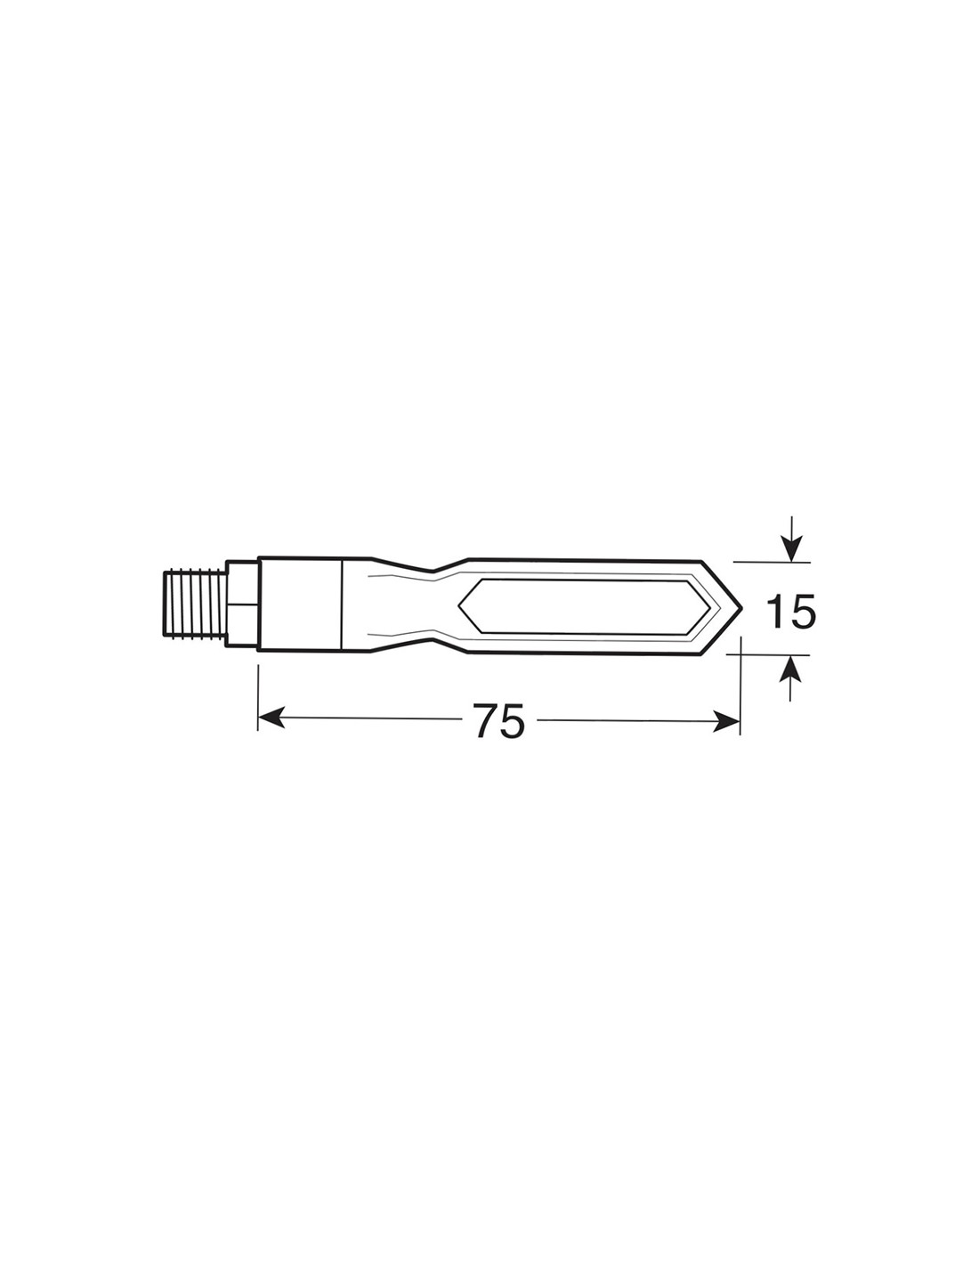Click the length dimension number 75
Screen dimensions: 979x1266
[x=499, y=720]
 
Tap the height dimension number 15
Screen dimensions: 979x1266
[x=790, y=611]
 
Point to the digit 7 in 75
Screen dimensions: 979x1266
[x=486, y=720]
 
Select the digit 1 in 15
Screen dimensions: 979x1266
[x=775, y=611]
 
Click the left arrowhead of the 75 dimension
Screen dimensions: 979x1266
[x=271, y=718]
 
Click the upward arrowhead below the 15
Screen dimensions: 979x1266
[x=789, y=668]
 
